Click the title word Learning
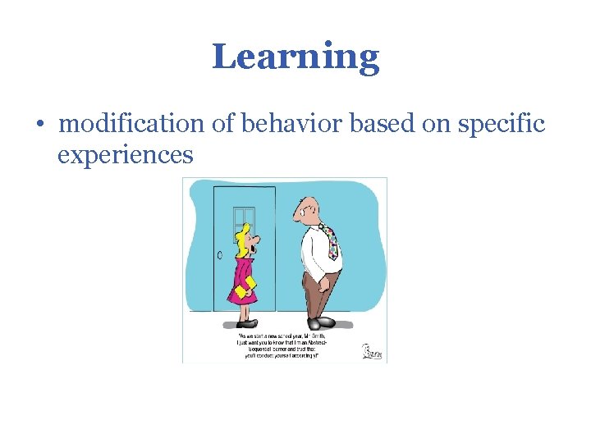pos(295,57)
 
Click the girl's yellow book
pos(244,287)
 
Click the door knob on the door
pos(220,255)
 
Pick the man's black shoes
pos(323,322)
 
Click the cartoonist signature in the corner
pos(373,352)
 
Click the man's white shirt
pos(315,246)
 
